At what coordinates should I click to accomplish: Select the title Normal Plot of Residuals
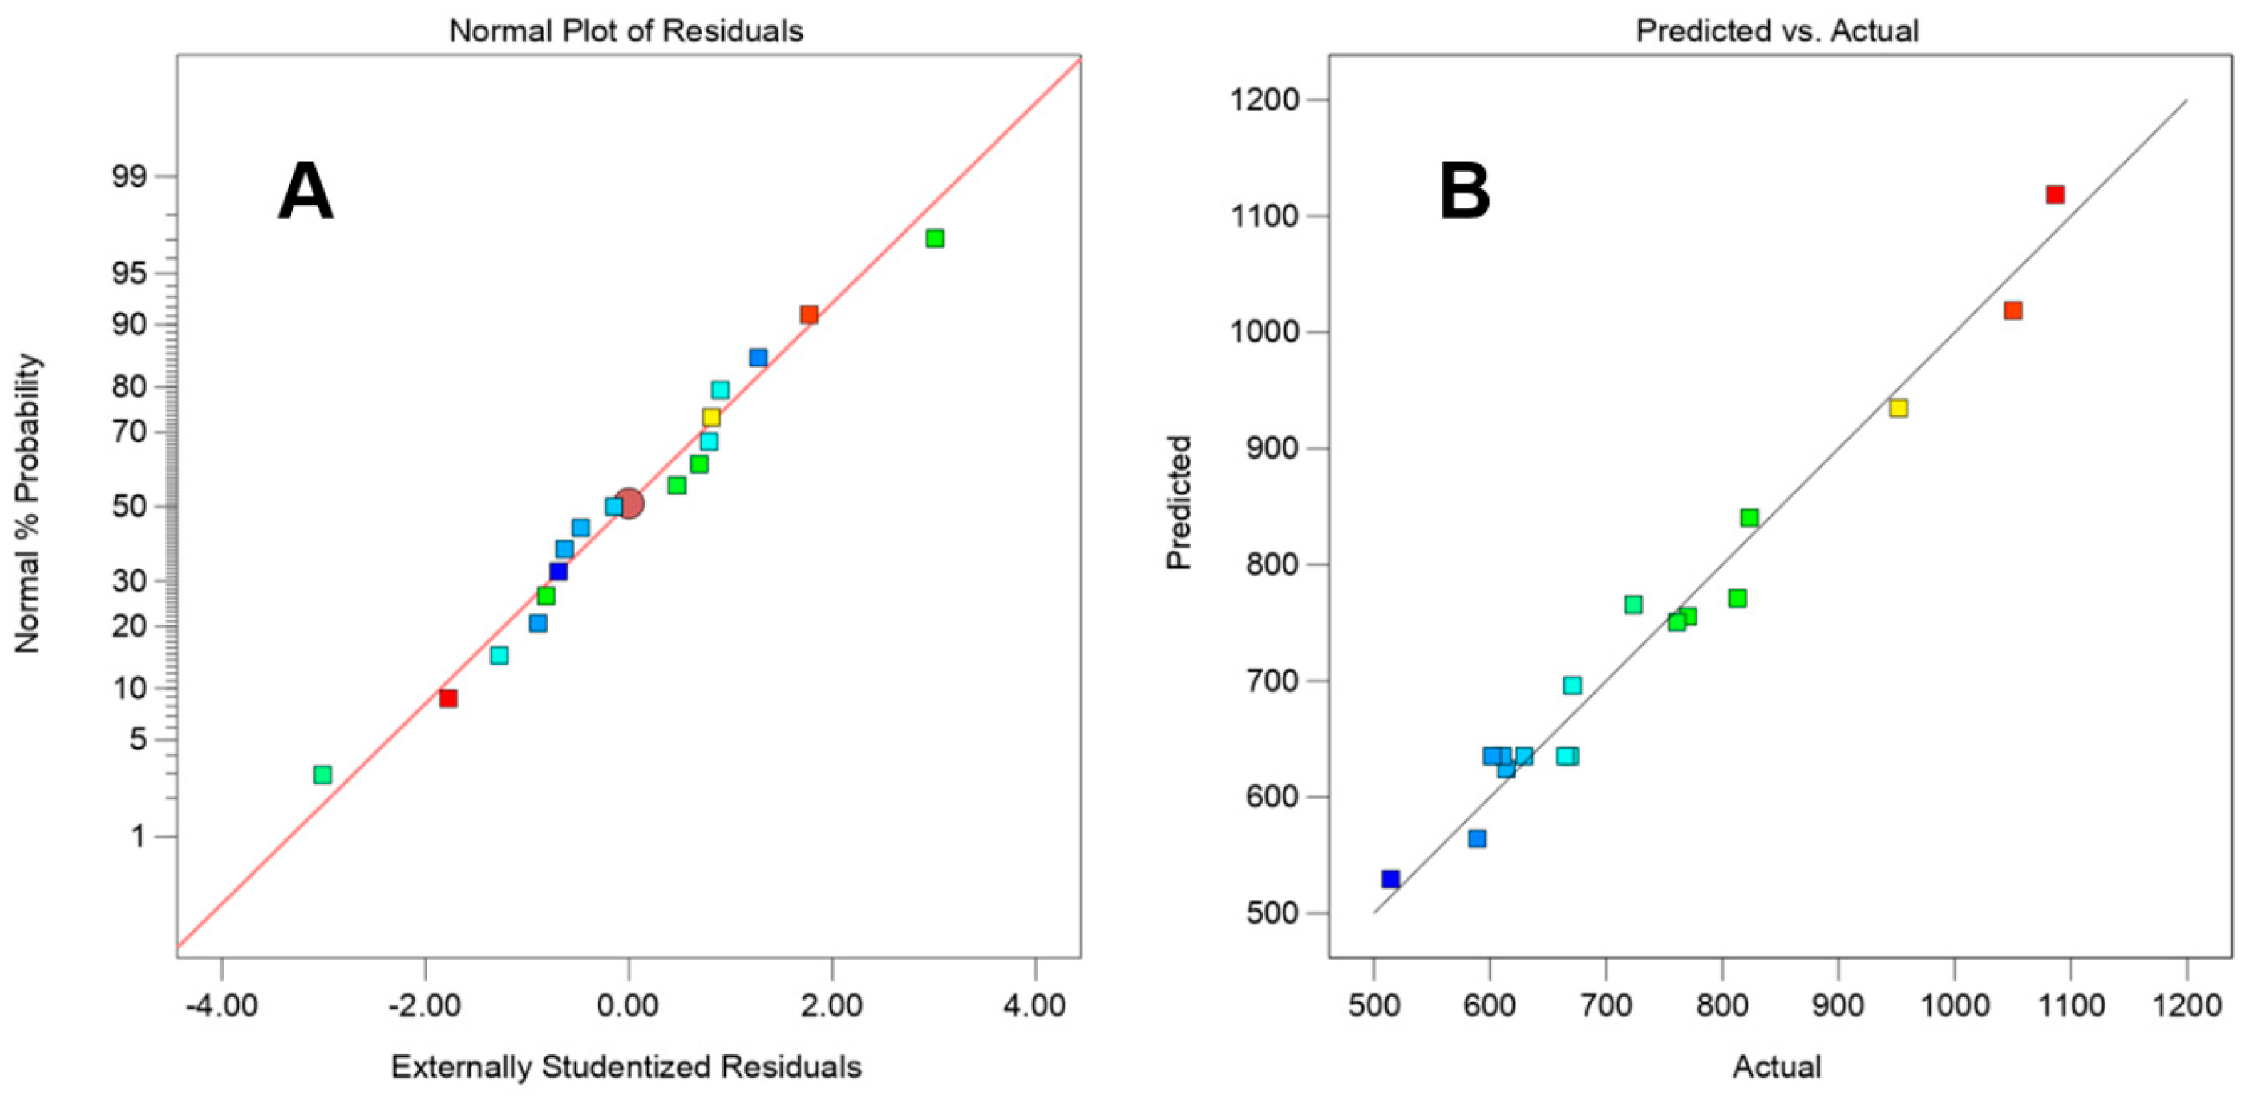[x=626, y=31]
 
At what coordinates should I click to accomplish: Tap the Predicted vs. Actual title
[x=1778, y=31]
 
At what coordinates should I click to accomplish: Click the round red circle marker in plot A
[x=629, y=503]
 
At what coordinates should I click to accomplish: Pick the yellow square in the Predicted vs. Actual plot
[x=1898, y=407]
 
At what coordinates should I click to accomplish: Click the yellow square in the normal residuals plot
[x=711, y=417]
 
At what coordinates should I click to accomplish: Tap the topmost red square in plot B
[x=2055, y=194]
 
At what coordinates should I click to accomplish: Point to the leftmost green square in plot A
[x=323, y=774]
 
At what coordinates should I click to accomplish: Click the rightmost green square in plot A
[x=935, y=238]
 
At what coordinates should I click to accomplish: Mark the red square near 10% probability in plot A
[x=448, y=698]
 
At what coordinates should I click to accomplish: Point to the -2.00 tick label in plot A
[x=425, y=1005]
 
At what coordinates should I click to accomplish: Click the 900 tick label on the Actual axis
[x=1838, y=1005]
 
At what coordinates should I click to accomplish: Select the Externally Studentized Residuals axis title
[x=626, y=1066]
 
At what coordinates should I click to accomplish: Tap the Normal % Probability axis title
[x=28, y=503]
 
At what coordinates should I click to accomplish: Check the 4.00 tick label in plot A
[x=1034, y=1005]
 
